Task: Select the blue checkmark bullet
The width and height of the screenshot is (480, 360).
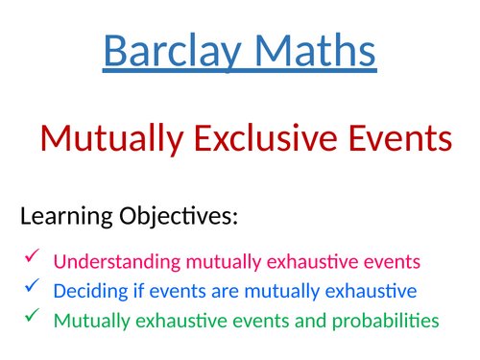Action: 32,288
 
